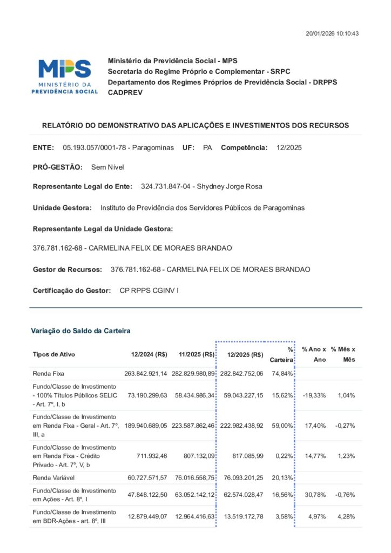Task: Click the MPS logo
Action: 64,76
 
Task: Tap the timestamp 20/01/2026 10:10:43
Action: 332,33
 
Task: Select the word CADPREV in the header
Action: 124,92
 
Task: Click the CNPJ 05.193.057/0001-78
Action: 95,147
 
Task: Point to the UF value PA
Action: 207,147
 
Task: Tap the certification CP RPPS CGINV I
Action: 149,291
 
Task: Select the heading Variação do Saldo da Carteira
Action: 80,331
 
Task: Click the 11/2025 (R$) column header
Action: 197,355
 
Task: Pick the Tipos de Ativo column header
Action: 54,355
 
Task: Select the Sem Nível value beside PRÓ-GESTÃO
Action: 107,167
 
